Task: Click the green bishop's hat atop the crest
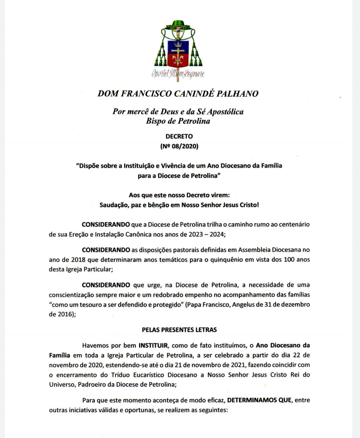pos(178,25)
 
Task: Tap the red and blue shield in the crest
pos(178,53)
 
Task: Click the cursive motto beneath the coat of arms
pos(178,74)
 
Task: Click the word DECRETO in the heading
pos(179,136)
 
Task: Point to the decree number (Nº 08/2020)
pos(179,146)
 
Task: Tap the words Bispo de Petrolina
pos(178,121)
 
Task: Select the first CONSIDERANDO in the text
pos(106,224)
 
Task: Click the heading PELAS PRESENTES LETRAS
pos(179,330)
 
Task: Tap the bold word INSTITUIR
pos(153,345)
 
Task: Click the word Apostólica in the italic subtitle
pos(225,112)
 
